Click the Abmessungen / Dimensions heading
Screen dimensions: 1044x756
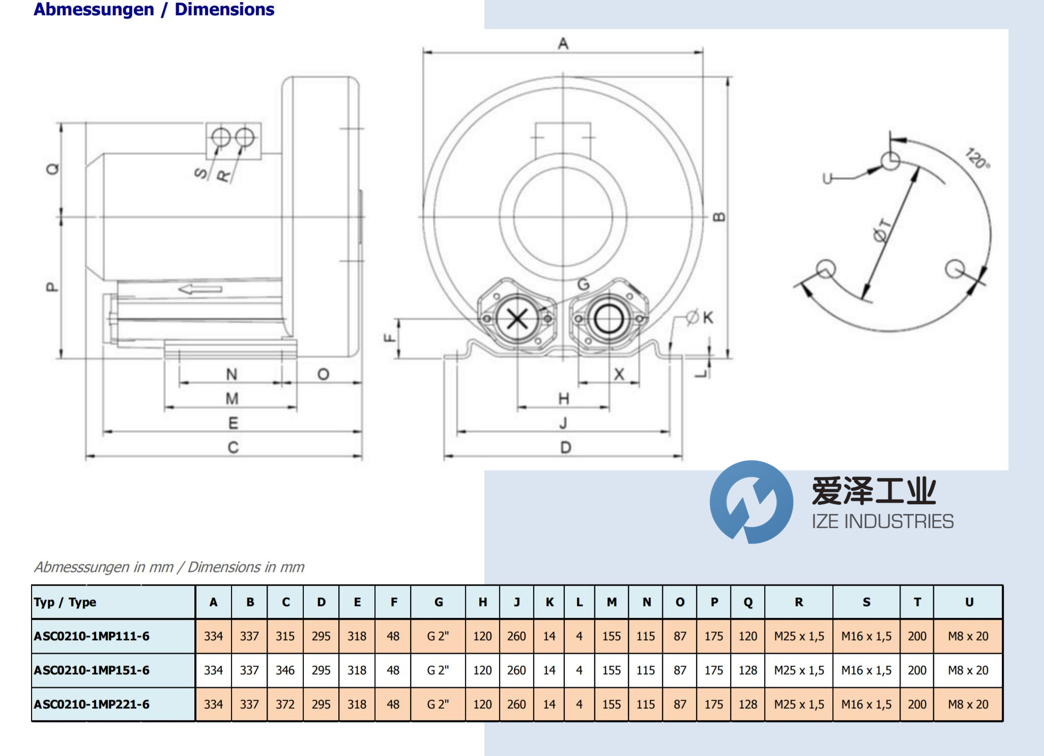(x=154, y=9)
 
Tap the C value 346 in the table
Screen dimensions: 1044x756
(x=285, y=671)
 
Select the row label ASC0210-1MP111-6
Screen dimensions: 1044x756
(x=92, y=636)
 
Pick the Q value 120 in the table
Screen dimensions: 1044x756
(x=748, y=636)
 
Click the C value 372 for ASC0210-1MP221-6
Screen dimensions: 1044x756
(x=285, y=705)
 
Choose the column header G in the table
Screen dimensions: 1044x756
(x=439, y=602)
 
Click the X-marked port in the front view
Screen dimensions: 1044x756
(x=517, y=319)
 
